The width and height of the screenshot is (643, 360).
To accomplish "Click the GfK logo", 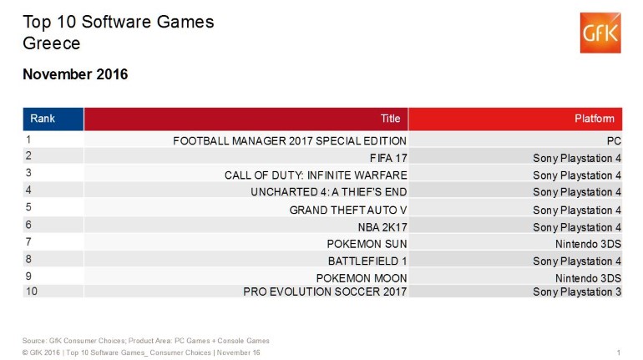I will [x=600, y=33].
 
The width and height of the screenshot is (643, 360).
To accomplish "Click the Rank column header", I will [x=43, y=119].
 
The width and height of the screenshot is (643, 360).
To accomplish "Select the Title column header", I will [x=391, y=119].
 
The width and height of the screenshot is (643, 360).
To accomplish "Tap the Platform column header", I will [x=595, y=119].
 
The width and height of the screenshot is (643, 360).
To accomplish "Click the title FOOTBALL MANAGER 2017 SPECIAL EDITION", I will [x=290, y=140].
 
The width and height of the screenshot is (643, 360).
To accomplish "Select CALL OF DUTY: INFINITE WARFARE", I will [x=316, y=175].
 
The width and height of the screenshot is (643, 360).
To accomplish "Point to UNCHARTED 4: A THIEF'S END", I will [x=328, y=192].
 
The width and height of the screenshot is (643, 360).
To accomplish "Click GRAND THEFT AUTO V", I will [x=347, y=210].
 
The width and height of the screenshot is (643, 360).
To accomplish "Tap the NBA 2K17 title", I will [x=382, y=226].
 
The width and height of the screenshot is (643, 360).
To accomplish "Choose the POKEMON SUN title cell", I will [x=367, y=244].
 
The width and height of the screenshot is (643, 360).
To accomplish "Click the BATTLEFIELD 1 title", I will [x=367, y=261].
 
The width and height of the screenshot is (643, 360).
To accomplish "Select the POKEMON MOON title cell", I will [x=362, y=278].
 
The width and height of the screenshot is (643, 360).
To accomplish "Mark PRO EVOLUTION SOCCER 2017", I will [x=325, y=291].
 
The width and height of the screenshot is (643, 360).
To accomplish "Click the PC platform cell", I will [x=615, y=140].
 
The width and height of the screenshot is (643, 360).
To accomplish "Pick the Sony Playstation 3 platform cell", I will [x=577, y=291].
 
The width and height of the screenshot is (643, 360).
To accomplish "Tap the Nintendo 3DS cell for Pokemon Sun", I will [x=589, y=244].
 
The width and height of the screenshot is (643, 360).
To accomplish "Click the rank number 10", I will [x=32, y=291].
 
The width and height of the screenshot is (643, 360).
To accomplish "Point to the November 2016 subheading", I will [x=75, y=75].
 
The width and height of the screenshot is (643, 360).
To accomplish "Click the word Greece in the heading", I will [x=52, y=43].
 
